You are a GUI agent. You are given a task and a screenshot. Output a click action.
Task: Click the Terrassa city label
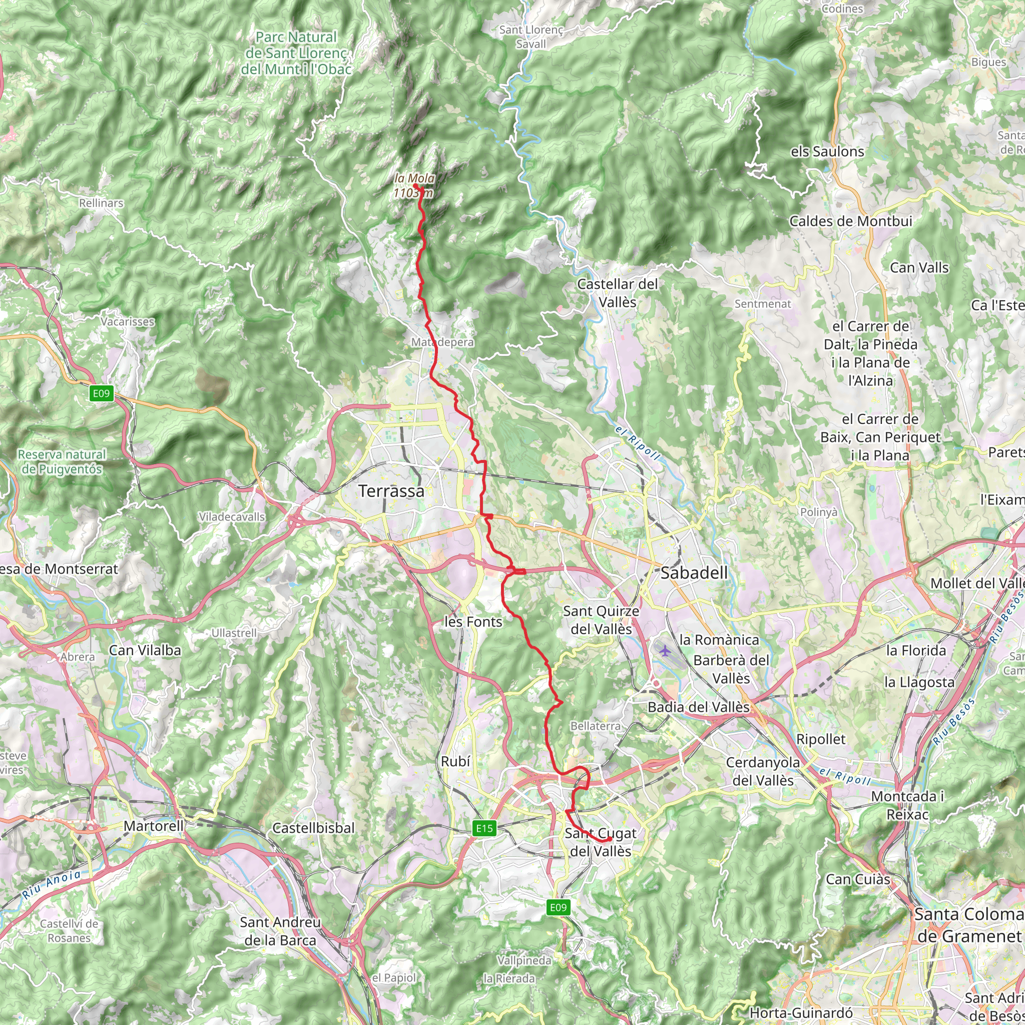(391, 491)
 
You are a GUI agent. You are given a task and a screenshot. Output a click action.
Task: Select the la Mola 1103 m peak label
(414, 186)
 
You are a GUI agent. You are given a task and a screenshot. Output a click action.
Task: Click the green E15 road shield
(484, 828)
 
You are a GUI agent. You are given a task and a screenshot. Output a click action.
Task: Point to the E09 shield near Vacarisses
(101, 393)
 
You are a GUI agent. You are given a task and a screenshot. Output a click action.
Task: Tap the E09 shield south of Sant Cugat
(558, 907)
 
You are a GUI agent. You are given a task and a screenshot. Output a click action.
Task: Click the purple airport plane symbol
(665, 651)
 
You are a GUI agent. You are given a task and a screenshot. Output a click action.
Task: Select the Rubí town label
(455, 761)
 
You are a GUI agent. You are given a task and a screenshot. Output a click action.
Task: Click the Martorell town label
(153, 825)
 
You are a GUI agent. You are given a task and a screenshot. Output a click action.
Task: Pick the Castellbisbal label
(313, 828)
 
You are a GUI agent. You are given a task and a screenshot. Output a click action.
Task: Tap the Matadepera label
(442, 342)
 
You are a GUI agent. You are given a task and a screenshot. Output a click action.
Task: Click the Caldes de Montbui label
(850, 221)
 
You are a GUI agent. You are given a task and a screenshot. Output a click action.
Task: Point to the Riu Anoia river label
(52, 885)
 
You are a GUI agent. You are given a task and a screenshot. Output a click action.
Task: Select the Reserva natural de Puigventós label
(62, 461)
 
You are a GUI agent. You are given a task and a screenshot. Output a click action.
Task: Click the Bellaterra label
(595, 726)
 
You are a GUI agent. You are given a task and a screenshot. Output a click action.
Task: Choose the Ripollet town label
(821, 739)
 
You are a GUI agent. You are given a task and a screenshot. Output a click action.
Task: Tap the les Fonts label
(473, 622)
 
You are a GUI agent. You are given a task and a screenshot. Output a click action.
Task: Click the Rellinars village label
(101, 203)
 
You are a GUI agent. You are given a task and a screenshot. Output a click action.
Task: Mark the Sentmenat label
(762, 304)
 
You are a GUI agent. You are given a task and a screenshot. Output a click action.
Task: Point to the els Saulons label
(827, 152)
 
